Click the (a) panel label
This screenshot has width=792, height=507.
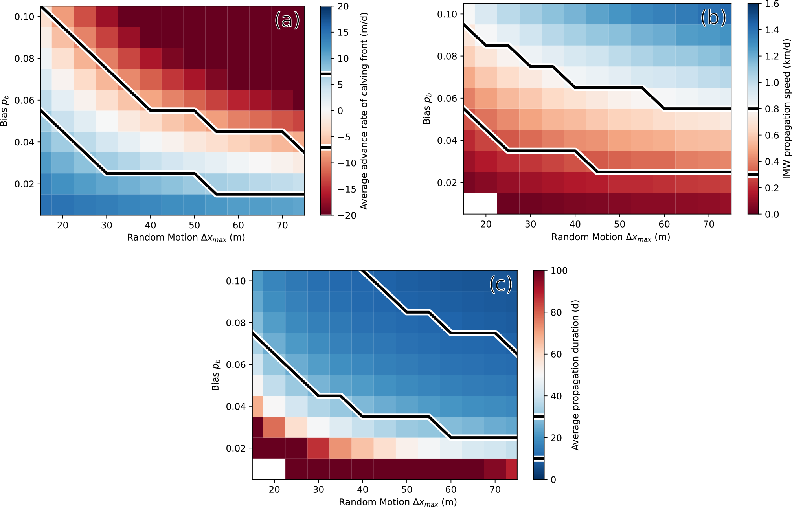click(287, 20)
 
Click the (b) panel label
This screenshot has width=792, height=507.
click(713, 18)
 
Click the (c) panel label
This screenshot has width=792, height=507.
click(500, 284)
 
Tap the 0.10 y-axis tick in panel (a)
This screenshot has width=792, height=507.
click(25, 17)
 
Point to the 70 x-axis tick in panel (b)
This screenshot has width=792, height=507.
click(709, 224)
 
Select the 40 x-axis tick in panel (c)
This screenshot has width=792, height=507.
click(362, 490)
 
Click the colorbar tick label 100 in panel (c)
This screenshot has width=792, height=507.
click(559, 271)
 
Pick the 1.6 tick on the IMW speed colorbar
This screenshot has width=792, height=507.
click(772, 4)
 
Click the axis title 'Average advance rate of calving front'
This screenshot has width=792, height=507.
click(364, 111)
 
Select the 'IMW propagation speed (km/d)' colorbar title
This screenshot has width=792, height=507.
click(786, 108)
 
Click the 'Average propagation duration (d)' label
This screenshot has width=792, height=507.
click(575, 375)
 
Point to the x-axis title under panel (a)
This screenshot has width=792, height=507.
click(186, 237)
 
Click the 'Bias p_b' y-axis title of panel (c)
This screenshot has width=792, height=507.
click(216, 375)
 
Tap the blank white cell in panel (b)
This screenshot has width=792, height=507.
click(480, 203)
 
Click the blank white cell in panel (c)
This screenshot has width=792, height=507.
click(269, 469)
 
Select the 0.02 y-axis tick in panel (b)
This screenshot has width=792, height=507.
click(447, 183)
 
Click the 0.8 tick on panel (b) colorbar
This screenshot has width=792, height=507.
click(772, 109)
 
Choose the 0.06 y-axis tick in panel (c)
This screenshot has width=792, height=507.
click(236, 365)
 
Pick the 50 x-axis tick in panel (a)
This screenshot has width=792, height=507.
click(194, 225)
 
